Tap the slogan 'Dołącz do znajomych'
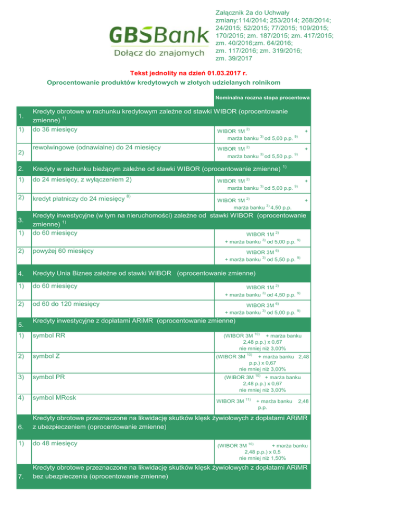[158, 53]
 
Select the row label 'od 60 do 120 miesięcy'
[67, 303]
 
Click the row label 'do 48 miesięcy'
[54, 444]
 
